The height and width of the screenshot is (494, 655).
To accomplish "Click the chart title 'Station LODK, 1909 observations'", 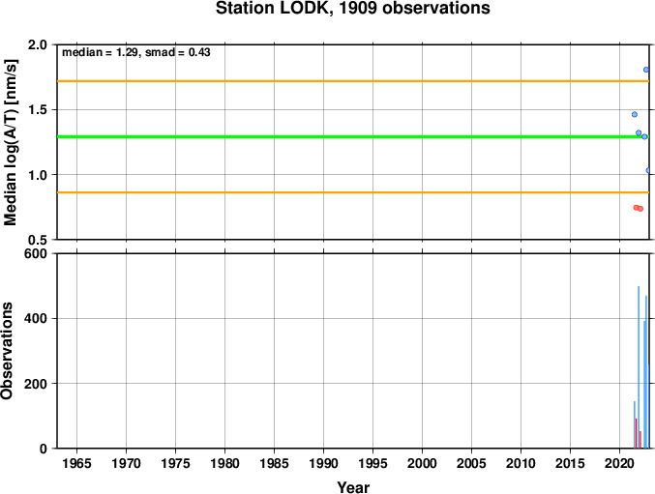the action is click(352, 9).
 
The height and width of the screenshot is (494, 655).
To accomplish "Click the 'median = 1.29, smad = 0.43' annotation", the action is click(136, 52).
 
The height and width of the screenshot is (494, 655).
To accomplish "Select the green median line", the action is click(352, 137).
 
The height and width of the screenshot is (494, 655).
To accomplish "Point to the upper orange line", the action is click(352, 81).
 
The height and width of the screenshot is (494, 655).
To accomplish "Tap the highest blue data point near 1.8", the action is click(646, 70).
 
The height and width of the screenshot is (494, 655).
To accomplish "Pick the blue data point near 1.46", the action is click(635, 114).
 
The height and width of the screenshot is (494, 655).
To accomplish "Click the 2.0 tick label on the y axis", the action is click(38, 44).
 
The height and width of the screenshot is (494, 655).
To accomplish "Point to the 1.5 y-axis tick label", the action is click(38, 110).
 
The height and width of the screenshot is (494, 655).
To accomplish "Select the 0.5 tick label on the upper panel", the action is click(38, 240).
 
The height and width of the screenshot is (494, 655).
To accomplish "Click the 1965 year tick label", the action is click(76, 463).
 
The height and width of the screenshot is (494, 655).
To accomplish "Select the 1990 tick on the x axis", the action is click(323, 463).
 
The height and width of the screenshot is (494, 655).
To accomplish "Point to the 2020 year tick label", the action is click(619, 463).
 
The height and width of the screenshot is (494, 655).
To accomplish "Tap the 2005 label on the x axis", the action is click(471, 463).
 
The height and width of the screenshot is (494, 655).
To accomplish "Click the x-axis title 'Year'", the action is click(353, 487).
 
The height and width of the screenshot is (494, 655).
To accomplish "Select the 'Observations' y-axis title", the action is click(7, 351).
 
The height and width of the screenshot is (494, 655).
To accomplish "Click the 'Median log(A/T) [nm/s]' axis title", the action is click(11, 142).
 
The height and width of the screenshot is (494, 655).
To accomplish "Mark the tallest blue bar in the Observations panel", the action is click(639, 367).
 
